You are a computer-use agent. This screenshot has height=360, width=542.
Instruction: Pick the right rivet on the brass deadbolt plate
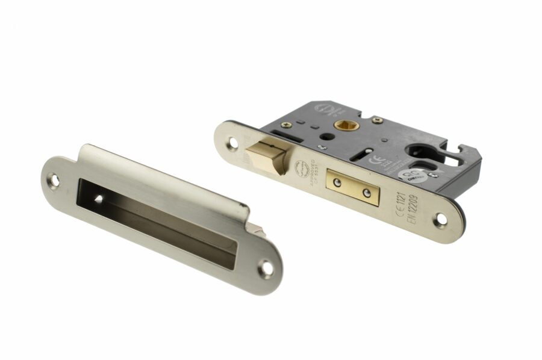tap(367, 193)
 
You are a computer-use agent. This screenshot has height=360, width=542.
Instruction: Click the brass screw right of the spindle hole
tap(377, 121)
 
